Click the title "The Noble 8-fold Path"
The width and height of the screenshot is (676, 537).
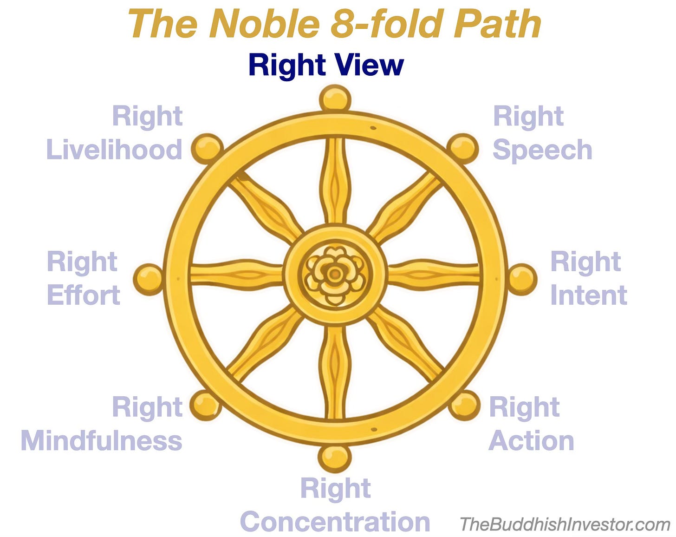click(x=334, y=24)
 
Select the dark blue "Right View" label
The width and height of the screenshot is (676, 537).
click(x=326, y=65)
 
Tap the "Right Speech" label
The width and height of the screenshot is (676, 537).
click(x=542, y=133)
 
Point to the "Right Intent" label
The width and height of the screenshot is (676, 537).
click(x=588, y=279)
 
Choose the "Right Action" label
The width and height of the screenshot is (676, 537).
click(x=531, y=424)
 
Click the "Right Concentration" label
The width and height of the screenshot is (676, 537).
click(x=335, y=505)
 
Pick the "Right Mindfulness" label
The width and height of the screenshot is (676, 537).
click(x=102, y=424)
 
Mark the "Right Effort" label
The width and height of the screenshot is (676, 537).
click(x=84, y=279)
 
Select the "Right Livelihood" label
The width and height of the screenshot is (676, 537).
click(x=114, y=133)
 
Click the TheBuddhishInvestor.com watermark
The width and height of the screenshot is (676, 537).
click(x=565, y=524)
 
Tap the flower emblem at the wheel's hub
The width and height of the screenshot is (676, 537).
click(x=334, y=275)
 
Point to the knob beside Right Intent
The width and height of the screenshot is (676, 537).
click(x=522, y=279)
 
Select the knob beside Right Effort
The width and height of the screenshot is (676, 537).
click(x=148, y=279)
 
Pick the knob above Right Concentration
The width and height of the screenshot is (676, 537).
click(x=334, y=458)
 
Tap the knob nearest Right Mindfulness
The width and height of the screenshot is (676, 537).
click(x=205, y=405)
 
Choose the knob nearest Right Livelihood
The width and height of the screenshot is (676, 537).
click(x=207, y=148)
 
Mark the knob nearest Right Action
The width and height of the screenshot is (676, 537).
click(x=464, y=405)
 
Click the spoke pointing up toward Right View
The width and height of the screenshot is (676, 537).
click(x=335, y=181)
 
